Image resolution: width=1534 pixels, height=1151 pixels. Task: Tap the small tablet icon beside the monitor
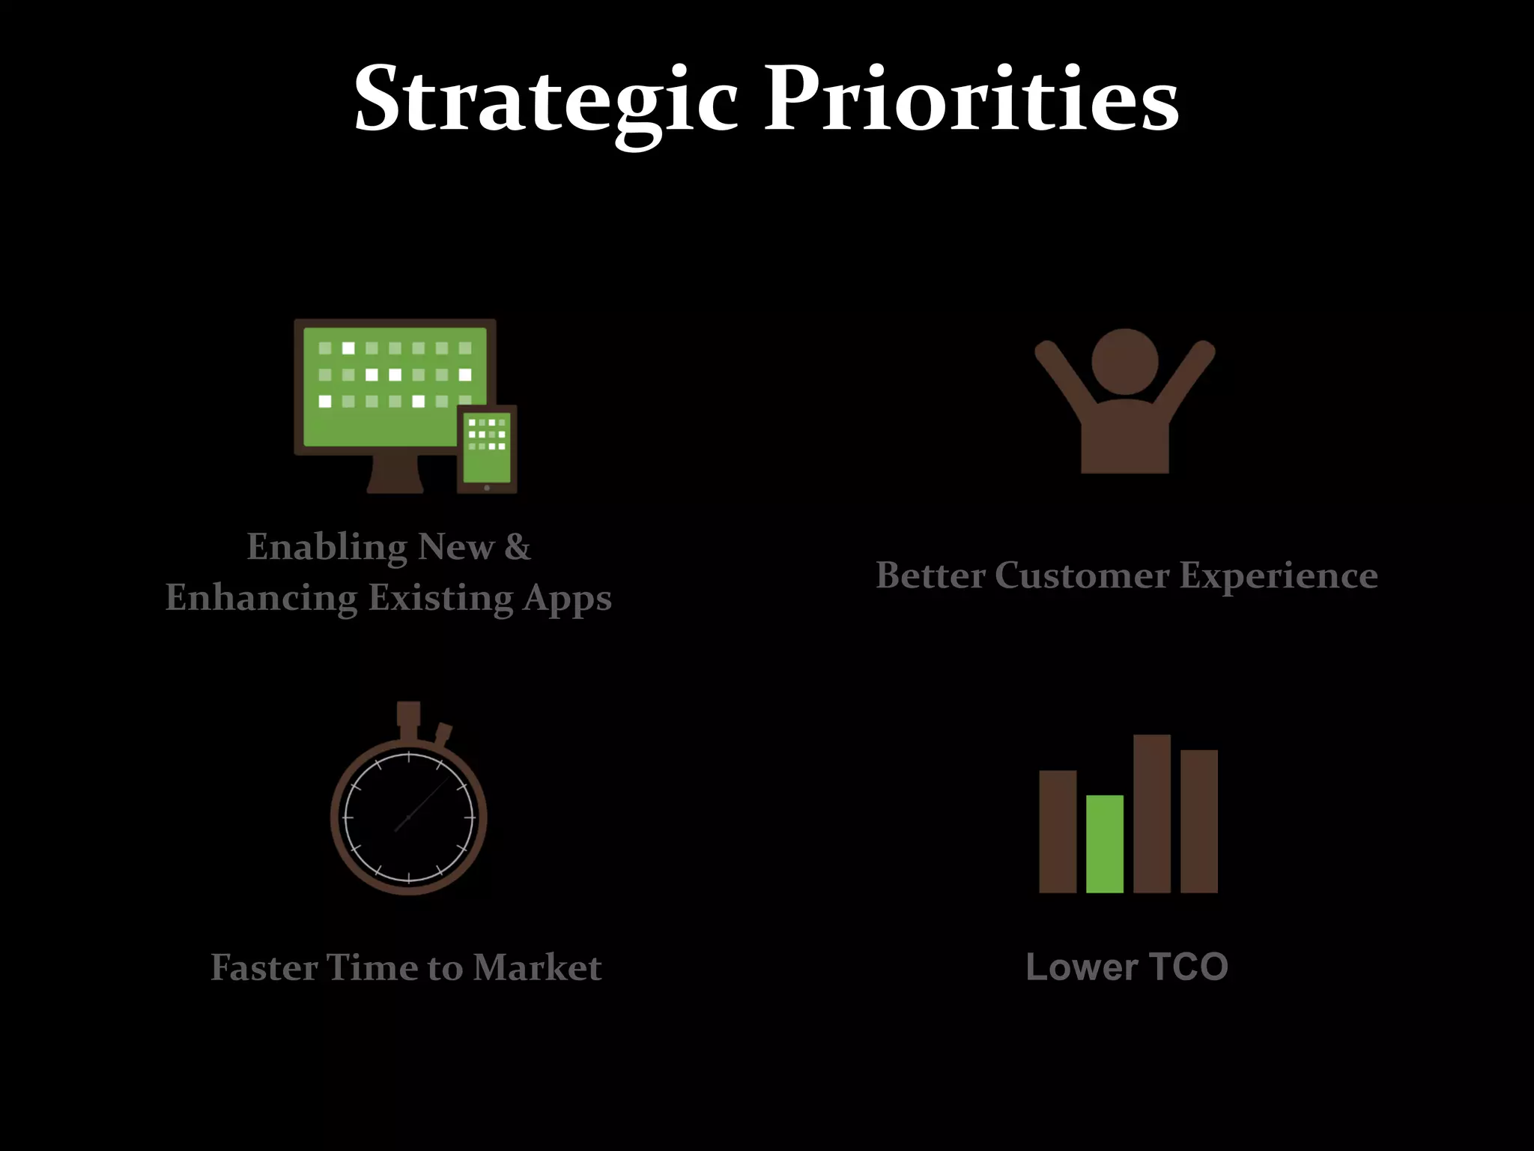tap(487, 450)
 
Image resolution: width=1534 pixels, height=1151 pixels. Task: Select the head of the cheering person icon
tap(1124, 362)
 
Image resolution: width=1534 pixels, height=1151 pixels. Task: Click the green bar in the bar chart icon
tap(1105, 845)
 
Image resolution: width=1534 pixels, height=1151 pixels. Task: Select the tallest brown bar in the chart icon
tap(1152, 814)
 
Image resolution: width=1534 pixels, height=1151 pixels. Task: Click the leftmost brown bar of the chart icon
tap(1058, 832)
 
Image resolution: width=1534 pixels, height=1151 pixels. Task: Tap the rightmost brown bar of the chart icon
tap(1199, 821)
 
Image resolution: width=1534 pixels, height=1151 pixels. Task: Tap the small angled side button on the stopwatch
tap(443, 734)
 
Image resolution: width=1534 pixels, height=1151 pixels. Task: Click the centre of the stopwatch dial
tap(409, 818)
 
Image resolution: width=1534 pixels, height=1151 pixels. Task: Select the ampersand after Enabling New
tap(517, 547)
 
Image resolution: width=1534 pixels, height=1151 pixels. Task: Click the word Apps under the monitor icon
tap(567, 598)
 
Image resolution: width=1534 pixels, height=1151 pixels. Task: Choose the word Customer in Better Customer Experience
tap(1082, 575)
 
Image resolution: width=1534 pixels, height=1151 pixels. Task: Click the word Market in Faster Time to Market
tap(537, 967)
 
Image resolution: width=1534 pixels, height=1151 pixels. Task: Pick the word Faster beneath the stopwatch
tap(264, 967)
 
